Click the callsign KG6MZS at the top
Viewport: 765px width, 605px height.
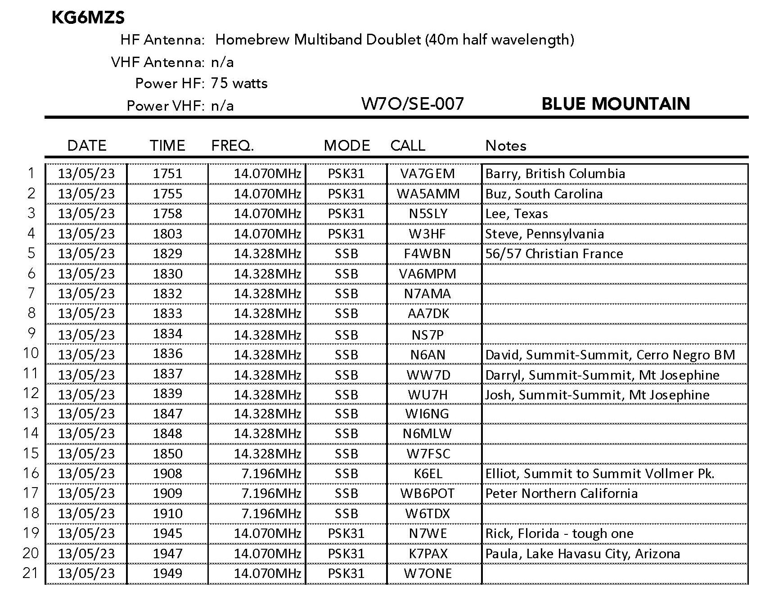coord(88,18)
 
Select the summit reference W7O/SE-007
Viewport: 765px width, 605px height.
coord(412,104)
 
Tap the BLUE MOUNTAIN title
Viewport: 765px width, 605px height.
coord(615,104)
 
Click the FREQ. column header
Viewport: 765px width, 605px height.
coord(233,145)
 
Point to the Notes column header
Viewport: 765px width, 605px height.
coord(505,145)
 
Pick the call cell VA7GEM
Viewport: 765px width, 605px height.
coord(427,174)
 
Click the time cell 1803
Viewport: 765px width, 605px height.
coord(167,233)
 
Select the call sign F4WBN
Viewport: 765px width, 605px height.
coord(427,254)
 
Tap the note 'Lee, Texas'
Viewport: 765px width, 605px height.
coord(516,214)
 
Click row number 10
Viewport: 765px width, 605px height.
coord(31,353)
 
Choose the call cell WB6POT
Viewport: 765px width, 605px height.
coord(427,493)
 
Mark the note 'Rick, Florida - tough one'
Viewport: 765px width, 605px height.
coord(559,533)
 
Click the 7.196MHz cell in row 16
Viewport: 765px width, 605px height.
coord(271,474)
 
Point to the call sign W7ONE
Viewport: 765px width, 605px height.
coord(427,574)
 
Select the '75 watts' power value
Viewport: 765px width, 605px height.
coord(239,83)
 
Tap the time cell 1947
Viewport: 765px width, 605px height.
coord(167,553)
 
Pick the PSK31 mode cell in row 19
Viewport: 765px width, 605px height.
coord(346,533)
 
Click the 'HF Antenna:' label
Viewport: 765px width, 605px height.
coord(162,40)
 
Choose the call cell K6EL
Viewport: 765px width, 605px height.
coord(428,474)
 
